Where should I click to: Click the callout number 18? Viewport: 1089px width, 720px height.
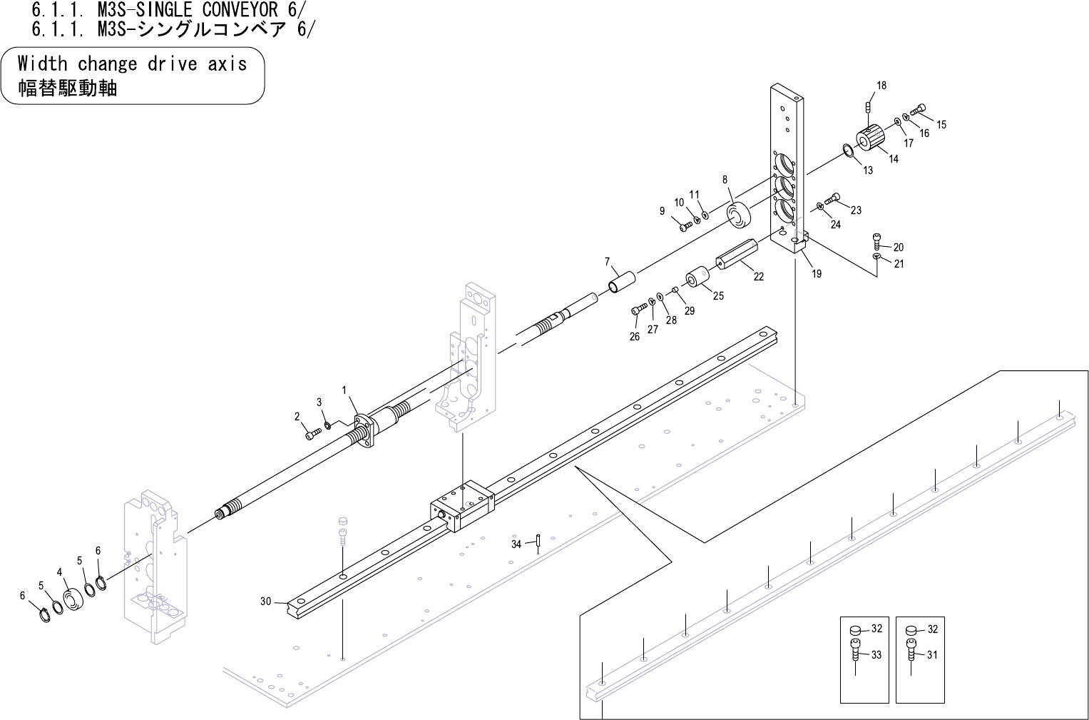[881, 86]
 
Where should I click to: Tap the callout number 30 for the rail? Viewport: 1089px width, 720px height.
[265, 602]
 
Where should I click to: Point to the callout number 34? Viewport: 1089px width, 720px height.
[516, 544]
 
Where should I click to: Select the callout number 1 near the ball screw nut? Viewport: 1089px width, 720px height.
[344, 390]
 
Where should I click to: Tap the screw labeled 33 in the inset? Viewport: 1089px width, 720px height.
[854, 653]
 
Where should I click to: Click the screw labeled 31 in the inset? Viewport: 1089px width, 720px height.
[911, 653]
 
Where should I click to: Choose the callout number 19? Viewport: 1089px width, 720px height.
[817, 273]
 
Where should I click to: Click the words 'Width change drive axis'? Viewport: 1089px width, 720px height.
[132, 64]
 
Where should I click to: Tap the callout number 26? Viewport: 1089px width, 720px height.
[635, 337]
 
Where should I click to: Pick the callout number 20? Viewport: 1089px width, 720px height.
[898, 248]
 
